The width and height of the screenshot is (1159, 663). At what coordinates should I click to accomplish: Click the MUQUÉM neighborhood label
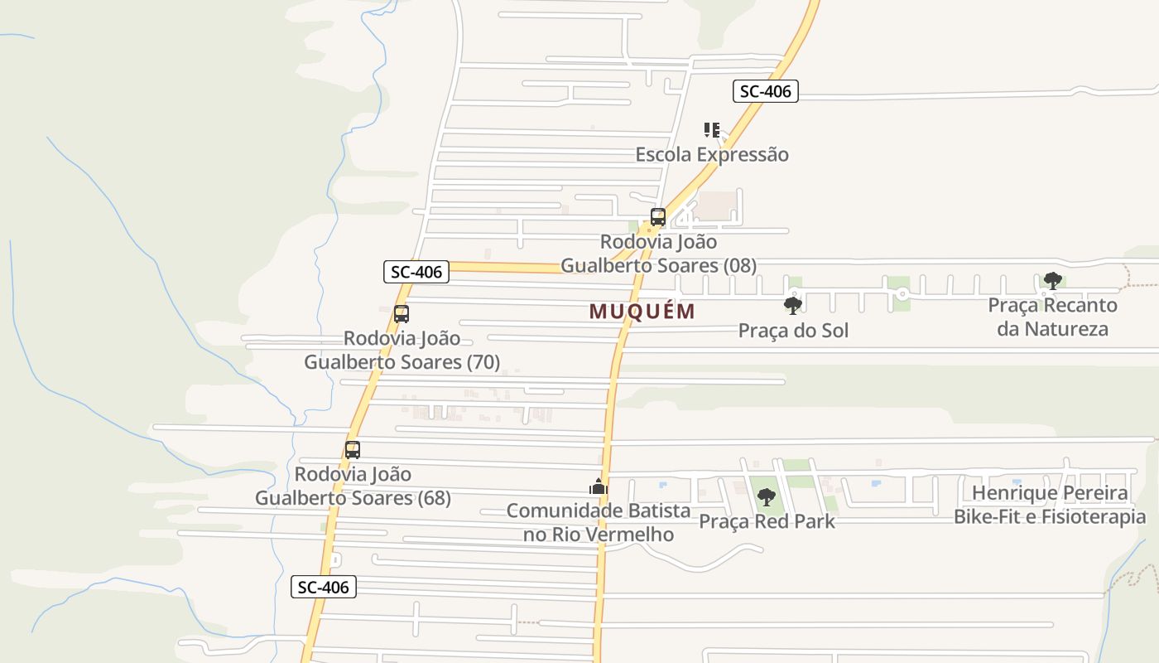tap(642, 312)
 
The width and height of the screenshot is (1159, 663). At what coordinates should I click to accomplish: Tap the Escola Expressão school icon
tap(712, 130)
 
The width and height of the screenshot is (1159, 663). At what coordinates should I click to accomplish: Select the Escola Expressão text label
tap(712, 155)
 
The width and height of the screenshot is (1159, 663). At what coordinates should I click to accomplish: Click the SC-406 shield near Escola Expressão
tap(765, 91)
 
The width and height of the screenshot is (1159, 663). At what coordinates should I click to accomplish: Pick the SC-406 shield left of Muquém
tap(416, 271)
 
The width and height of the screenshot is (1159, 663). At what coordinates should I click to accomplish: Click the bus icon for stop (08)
tap(658, 217)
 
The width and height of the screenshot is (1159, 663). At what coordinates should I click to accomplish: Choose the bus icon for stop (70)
tap(402, 314)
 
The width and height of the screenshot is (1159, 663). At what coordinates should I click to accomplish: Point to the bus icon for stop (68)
tap(353, 450)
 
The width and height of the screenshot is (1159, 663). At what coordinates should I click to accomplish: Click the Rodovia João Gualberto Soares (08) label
tap(659, 254)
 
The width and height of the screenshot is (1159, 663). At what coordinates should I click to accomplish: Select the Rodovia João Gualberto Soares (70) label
tap(402, 351)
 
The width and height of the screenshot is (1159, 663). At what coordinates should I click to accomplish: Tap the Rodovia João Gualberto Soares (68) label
tap(353, 486)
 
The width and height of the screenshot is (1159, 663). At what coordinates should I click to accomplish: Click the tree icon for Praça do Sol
tap(793, 306)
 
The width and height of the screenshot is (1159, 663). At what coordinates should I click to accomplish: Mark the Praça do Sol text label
tap(793, 331)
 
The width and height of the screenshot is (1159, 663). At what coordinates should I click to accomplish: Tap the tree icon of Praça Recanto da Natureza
tap(1052, 281)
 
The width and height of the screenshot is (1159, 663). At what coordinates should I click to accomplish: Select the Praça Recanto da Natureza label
tap(1052, 317)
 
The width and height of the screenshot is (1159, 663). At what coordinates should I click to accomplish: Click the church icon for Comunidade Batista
tap(599, 486)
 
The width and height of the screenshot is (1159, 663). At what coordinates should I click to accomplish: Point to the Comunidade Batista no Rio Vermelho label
tap(599, 522)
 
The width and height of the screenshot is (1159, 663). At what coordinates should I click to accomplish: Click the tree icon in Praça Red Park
tap(767, 497)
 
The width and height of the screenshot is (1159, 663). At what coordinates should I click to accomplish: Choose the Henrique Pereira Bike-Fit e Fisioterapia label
tap(1050, 505)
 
